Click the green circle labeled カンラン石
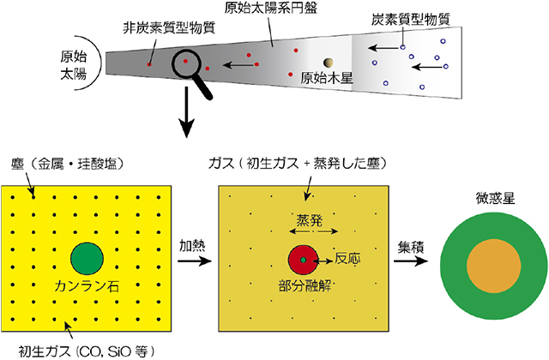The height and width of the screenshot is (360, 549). (x=86, y=258)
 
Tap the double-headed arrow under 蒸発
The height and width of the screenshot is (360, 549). (x=305, y=231)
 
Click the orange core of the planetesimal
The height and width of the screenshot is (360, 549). (x=486, y=260)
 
